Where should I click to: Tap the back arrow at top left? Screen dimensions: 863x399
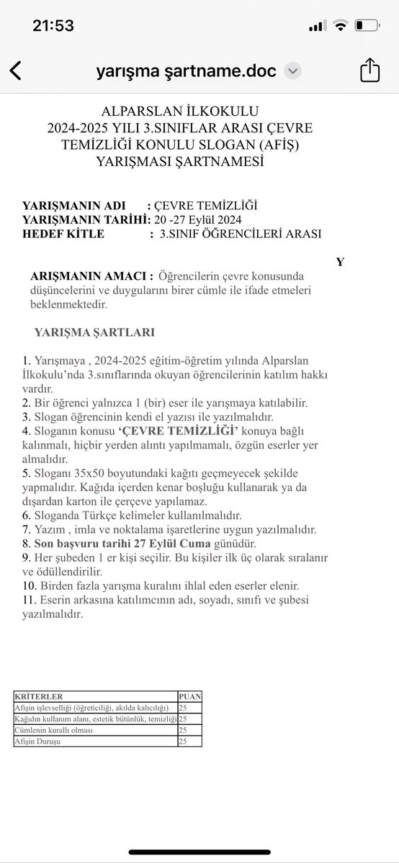[x=15, y=71]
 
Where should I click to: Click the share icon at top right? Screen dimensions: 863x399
[x=369, y=70]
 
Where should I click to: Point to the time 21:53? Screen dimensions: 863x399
[x=53, y=26]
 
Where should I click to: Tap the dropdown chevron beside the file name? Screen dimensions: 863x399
[x=293, y=71]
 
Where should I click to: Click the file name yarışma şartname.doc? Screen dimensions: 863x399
[x=189, y=71]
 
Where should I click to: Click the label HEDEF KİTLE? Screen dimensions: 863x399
[x=63, y=233]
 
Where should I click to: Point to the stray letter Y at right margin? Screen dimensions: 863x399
[x=340, y=262]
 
